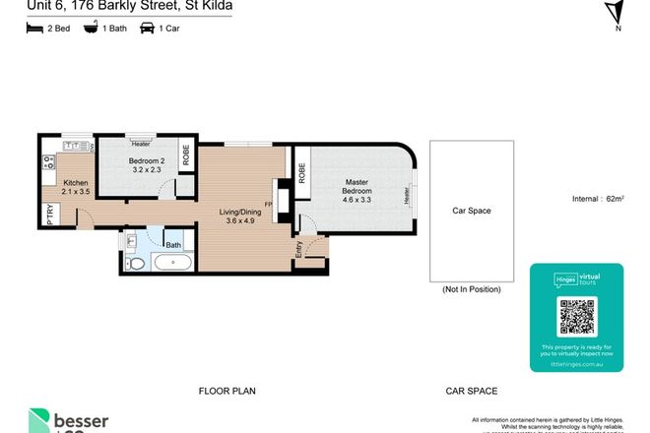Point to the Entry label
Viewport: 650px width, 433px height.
click(x=298, y=250)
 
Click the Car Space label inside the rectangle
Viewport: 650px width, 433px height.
click(x=471, y=211)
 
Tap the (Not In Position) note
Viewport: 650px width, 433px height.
click(x=471, y=289)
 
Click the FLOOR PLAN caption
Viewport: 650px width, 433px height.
click(x=227, y=391)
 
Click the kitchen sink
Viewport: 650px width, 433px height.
click(x=75, y=146)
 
